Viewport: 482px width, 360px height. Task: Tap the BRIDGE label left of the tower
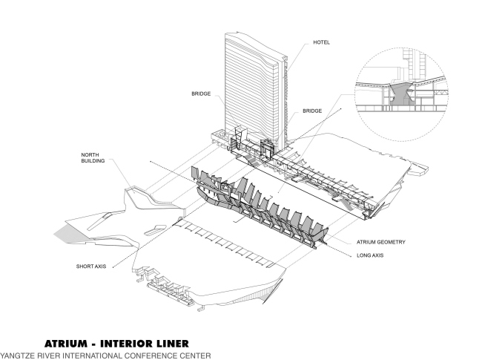click(x=201, y=94)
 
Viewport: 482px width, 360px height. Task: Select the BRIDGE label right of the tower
click(x=312, y=111)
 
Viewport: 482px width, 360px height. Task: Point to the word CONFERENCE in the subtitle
click(x=151, y=355)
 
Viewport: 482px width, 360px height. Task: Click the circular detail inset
click(x=400, y=93)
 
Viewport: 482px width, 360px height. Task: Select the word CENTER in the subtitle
click(x=195, y=355)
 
